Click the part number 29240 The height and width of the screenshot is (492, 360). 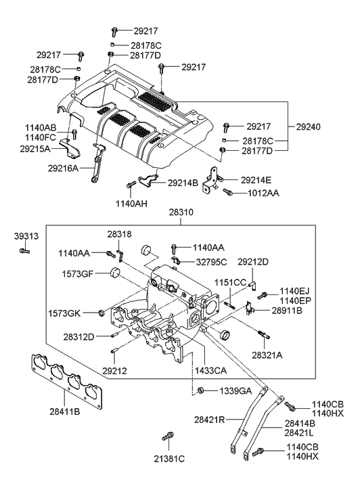coord(308,127)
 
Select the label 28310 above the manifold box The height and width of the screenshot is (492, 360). coord(181,213)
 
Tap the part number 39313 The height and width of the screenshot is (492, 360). coord(26,236)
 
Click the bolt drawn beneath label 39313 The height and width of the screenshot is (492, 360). coord(24,250)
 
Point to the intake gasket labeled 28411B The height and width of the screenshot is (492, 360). coord(68,382)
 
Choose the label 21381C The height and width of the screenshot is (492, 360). coord(169,459)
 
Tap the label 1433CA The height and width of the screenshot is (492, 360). coord(210,371)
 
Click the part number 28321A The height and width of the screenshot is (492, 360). coord(267,355)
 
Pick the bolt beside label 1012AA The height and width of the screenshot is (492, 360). coord(227,192)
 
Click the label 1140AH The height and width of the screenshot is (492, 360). coord(131,204)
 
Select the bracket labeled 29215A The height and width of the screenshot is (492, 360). coord(70,148)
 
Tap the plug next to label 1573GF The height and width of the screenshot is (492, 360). coord(115,272)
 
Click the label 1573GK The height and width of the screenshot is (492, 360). coord(64,313)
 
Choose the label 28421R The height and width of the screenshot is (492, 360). coord(209,419)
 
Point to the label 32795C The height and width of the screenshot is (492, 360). coord(211,262)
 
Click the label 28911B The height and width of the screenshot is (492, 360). coord(286,311)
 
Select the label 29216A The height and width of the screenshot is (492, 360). coord(63,169)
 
